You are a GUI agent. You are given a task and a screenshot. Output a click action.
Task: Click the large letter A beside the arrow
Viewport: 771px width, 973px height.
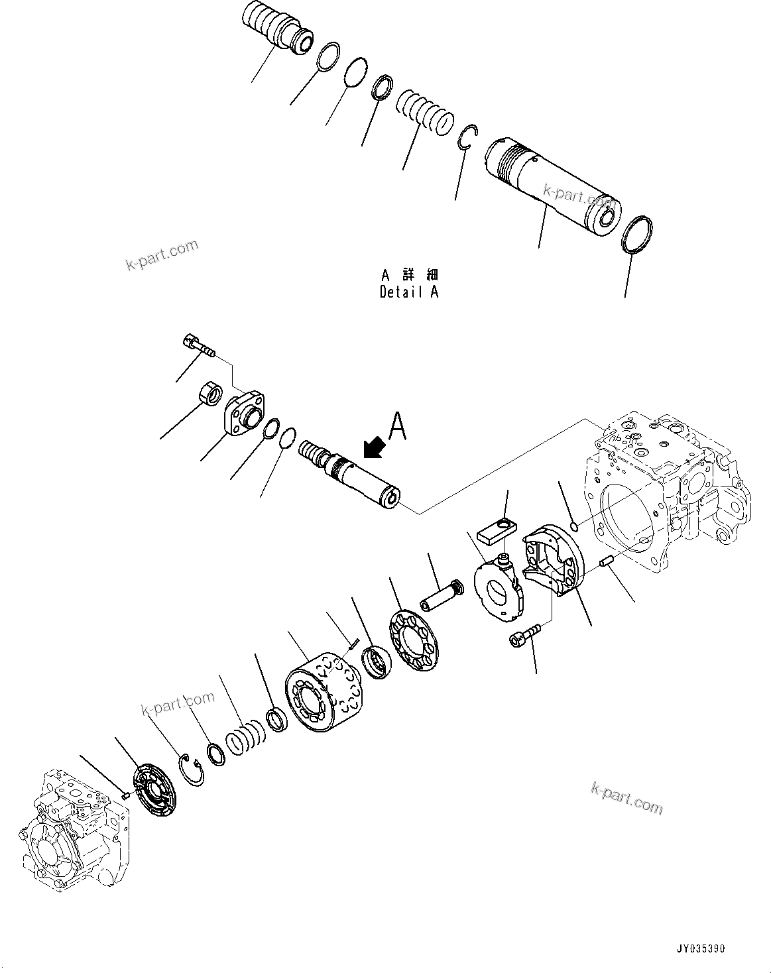(x=398, y=426)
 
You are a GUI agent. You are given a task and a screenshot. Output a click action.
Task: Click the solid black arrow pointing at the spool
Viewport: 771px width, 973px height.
(x=375, y=447)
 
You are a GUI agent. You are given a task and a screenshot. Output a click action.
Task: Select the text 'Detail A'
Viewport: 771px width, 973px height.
(x=408, y=292)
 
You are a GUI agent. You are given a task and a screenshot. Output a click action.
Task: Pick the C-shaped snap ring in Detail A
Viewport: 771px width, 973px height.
(x=467, y=137)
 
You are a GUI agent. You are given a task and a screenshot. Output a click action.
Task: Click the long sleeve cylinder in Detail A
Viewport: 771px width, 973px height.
(x=550, y=186)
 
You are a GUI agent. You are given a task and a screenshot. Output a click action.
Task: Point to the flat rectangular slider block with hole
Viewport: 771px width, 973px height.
(x=496, y=530)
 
